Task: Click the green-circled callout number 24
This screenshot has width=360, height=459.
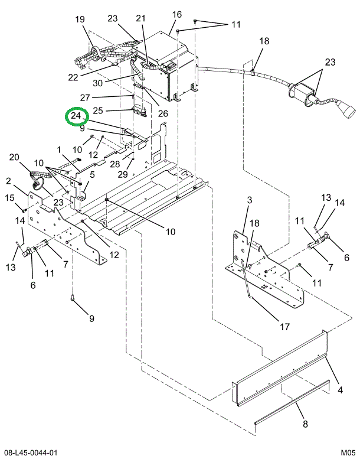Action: coord(76,116)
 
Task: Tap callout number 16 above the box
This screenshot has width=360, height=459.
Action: coord(177,14)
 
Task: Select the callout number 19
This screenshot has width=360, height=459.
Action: coord(80,19)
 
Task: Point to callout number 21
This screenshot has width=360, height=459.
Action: coord(140,19)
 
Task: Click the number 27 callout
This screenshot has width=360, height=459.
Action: coord(86,97)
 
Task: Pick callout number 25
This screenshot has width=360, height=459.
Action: coord(98,110)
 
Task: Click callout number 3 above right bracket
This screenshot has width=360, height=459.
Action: coord(249,201)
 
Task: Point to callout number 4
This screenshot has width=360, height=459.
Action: coord(341,390)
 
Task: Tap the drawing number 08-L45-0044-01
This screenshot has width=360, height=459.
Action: coord(29,452)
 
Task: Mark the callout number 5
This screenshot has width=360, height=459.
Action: coord(92,174)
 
